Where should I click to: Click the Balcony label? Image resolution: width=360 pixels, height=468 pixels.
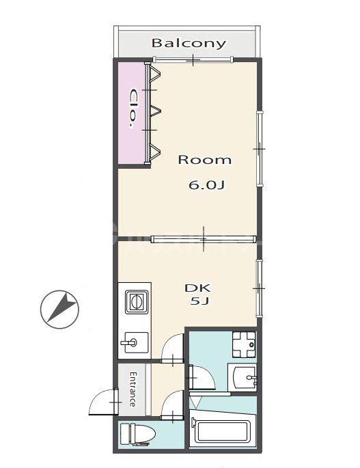(x=189, y=43)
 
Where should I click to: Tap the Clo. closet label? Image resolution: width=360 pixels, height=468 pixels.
(x=133, y=109)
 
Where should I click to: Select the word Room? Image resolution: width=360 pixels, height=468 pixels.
(x=204, y=160)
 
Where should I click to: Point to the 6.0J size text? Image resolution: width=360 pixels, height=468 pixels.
(x=206, y=185)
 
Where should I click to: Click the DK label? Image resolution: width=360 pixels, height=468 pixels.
(x=197, y=288)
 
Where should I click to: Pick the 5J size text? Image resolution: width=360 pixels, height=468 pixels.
(x=199, y=301)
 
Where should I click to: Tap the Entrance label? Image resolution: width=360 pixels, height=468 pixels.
(x=133, y=389)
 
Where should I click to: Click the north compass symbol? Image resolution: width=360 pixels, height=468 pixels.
(x=59, y=309)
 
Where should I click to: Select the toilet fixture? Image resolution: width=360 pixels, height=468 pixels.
(x=138, y=435)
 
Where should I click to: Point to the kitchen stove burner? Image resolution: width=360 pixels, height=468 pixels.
(x=137, y=302)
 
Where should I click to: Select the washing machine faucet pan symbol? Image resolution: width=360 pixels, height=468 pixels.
(x=244, y=345)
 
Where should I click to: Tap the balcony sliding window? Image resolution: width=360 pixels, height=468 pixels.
(x=193, y=59)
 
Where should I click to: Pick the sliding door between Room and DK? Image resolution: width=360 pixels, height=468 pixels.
(x=204, y=238)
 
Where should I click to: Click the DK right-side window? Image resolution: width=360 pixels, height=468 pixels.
(x=260, y=288)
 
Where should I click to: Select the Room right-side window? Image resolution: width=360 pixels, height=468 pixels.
(x=260, y=148)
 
